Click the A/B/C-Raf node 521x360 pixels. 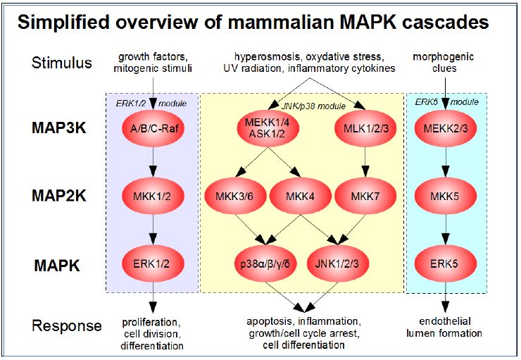coord(153,128)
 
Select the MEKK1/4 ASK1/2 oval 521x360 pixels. coord(268,128)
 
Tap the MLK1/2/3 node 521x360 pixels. coord(365,128)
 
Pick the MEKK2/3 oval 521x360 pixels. coord(446,128)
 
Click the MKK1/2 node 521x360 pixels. coord(153,196)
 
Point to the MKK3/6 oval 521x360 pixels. coord(235,196)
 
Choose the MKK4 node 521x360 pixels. coord(301,196)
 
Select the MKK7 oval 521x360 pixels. coord(365,196)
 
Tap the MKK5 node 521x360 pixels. coord(446,196)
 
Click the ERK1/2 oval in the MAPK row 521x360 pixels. coord(153,264)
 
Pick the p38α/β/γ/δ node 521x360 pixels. coord(266,264)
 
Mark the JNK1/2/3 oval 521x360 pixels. coord(337,264)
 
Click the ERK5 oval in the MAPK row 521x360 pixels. coord(446,264)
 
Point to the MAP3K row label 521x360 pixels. coord(59,128)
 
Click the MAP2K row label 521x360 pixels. coord(59,196)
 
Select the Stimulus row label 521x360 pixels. coord(61,63)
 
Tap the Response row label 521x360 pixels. coord(66,326)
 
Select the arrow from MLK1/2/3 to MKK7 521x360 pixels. coord(365,162)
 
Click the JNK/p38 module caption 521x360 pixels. coord(313,106)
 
